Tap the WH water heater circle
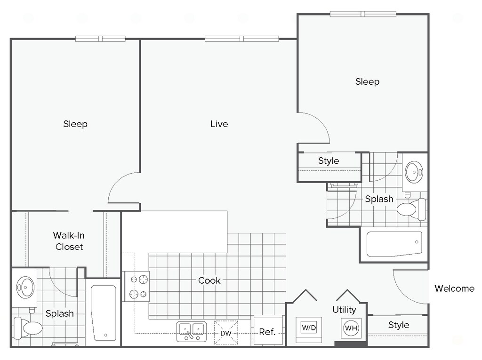(x=351, y=328)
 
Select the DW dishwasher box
(x=226, y=333)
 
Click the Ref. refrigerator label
(x=267, y=332)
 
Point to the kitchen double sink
(x=191, y=332)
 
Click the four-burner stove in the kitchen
(x=136, y=287)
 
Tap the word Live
(x=219, y=124)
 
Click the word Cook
(x=209, y=280)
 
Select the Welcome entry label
(x=454, y=288)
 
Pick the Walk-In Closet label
(x=69, y=241)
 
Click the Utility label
(x=344, y=310)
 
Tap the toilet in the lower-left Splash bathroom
(x=28, y=328)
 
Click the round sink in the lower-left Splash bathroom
(x=25, y=288)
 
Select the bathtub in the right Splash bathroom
(x=394, y=244)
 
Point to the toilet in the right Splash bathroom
(x=411, y=209)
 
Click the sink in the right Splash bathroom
(x=414, y=172)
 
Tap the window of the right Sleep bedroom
(x=363, y=14)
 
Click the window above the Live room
(x=241, y=39)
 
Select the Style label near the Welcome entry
(x=398, y=325)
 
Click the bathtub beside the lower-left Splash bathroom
(x=104, y=312)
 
